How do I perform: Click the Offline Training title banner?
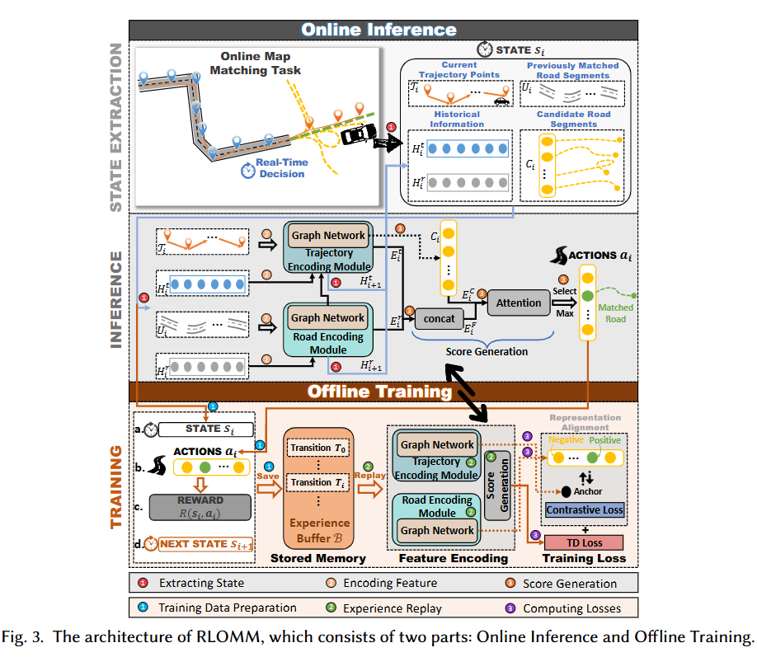point(378,391)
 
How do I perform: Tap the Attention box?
point(519,303)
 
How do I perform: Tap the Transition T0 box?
point(317,448)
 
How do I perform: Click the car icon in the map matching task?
point(357,134)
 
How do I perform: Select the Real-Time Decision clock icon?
point(247,170)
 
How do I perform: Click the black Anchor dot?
point(567,491)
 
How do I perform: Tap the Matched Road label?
point(616,313)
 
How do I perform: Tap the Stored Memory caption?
point(318,558)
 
